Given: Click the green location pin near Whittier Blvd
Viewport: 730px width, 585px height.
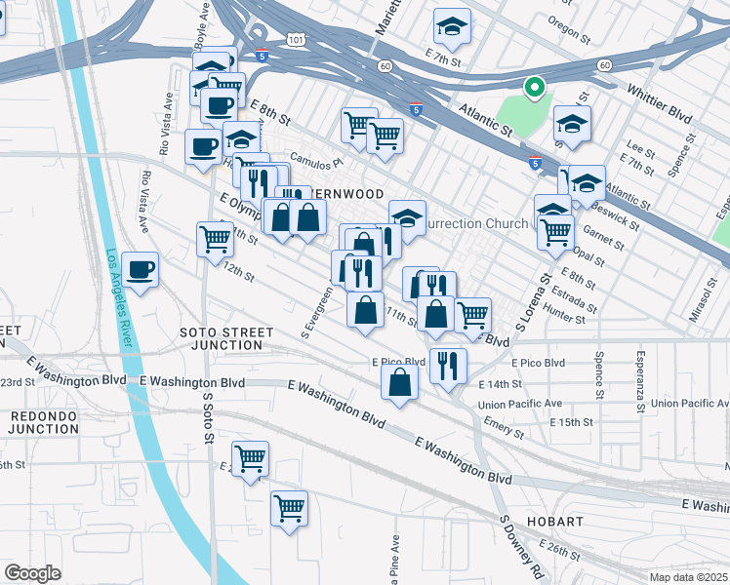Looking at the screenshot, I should pos(534,88).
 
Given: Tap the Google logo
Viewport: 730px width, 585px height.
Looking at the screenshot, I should pos(32,573).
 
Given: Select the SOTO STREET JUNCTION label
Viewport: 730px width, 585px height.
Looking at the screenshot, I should pos(226,338).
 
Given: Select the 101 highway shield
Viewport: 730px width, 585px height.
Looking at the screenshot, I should pos(295,38).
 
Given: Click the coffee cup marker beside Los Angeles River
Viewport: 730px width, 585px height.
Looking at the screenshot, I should pos(141,269).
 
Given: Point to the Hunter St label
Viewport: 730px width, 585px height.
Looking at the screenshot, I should pos(566,318).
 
